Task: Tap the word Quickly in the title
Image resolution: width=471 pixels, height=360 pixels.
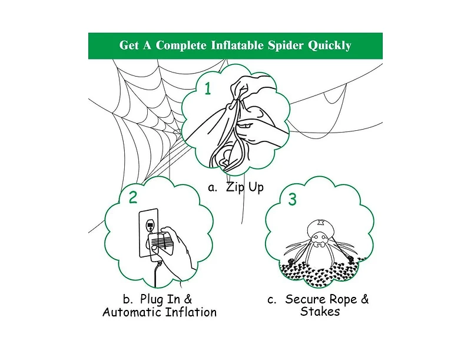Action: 330,45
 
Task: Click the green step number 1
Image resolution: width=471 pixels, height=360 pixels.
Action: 207,89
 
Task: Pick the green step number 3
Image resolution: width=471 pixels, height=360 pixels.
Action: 293,200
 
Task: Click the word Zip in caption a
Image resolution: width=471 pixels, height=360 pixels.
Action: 235,188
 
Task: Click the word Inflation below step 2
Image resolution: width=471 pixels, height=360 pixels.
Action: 191,312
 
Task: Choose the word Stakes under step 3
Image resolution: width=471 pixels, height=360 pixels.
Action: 320,312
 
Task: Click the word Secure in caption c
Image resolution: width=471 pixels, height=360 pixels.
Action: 306,299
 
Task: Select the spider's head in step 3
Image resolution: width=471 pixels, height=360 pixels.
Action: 319,242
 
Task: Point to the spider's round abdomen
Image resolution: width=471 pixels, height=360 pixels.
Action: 319,226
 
